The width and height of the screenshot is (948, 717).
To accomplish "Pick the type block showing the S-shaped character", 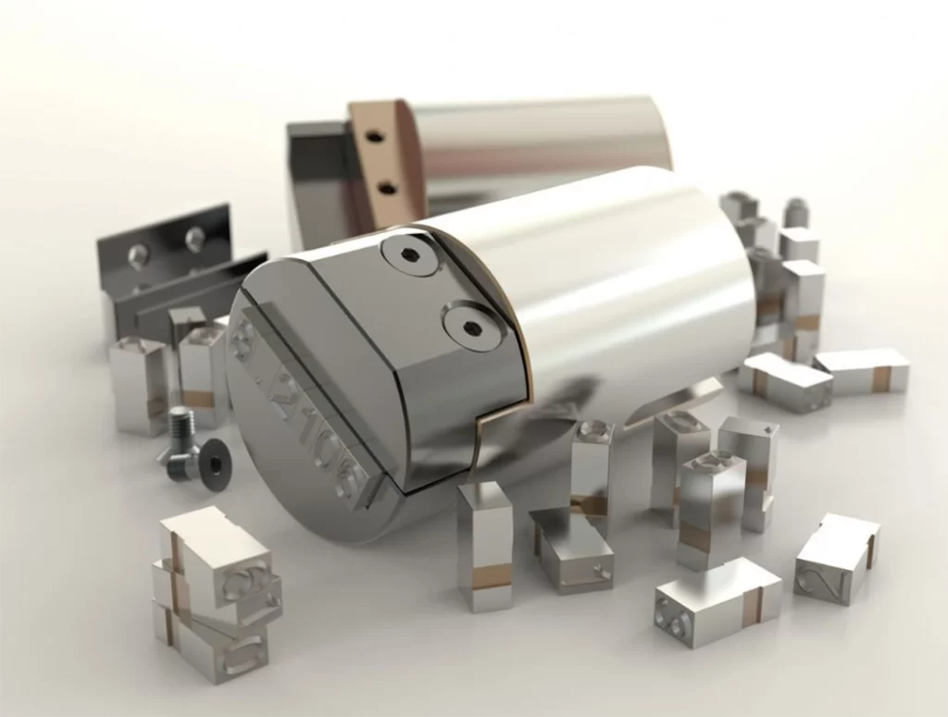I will [837, 558].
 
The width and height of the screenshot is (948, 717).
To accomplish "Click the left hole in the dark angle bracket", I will [136, 252].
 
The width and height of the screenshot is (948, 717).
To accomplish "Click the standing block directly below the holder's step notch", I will [484, 546].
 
